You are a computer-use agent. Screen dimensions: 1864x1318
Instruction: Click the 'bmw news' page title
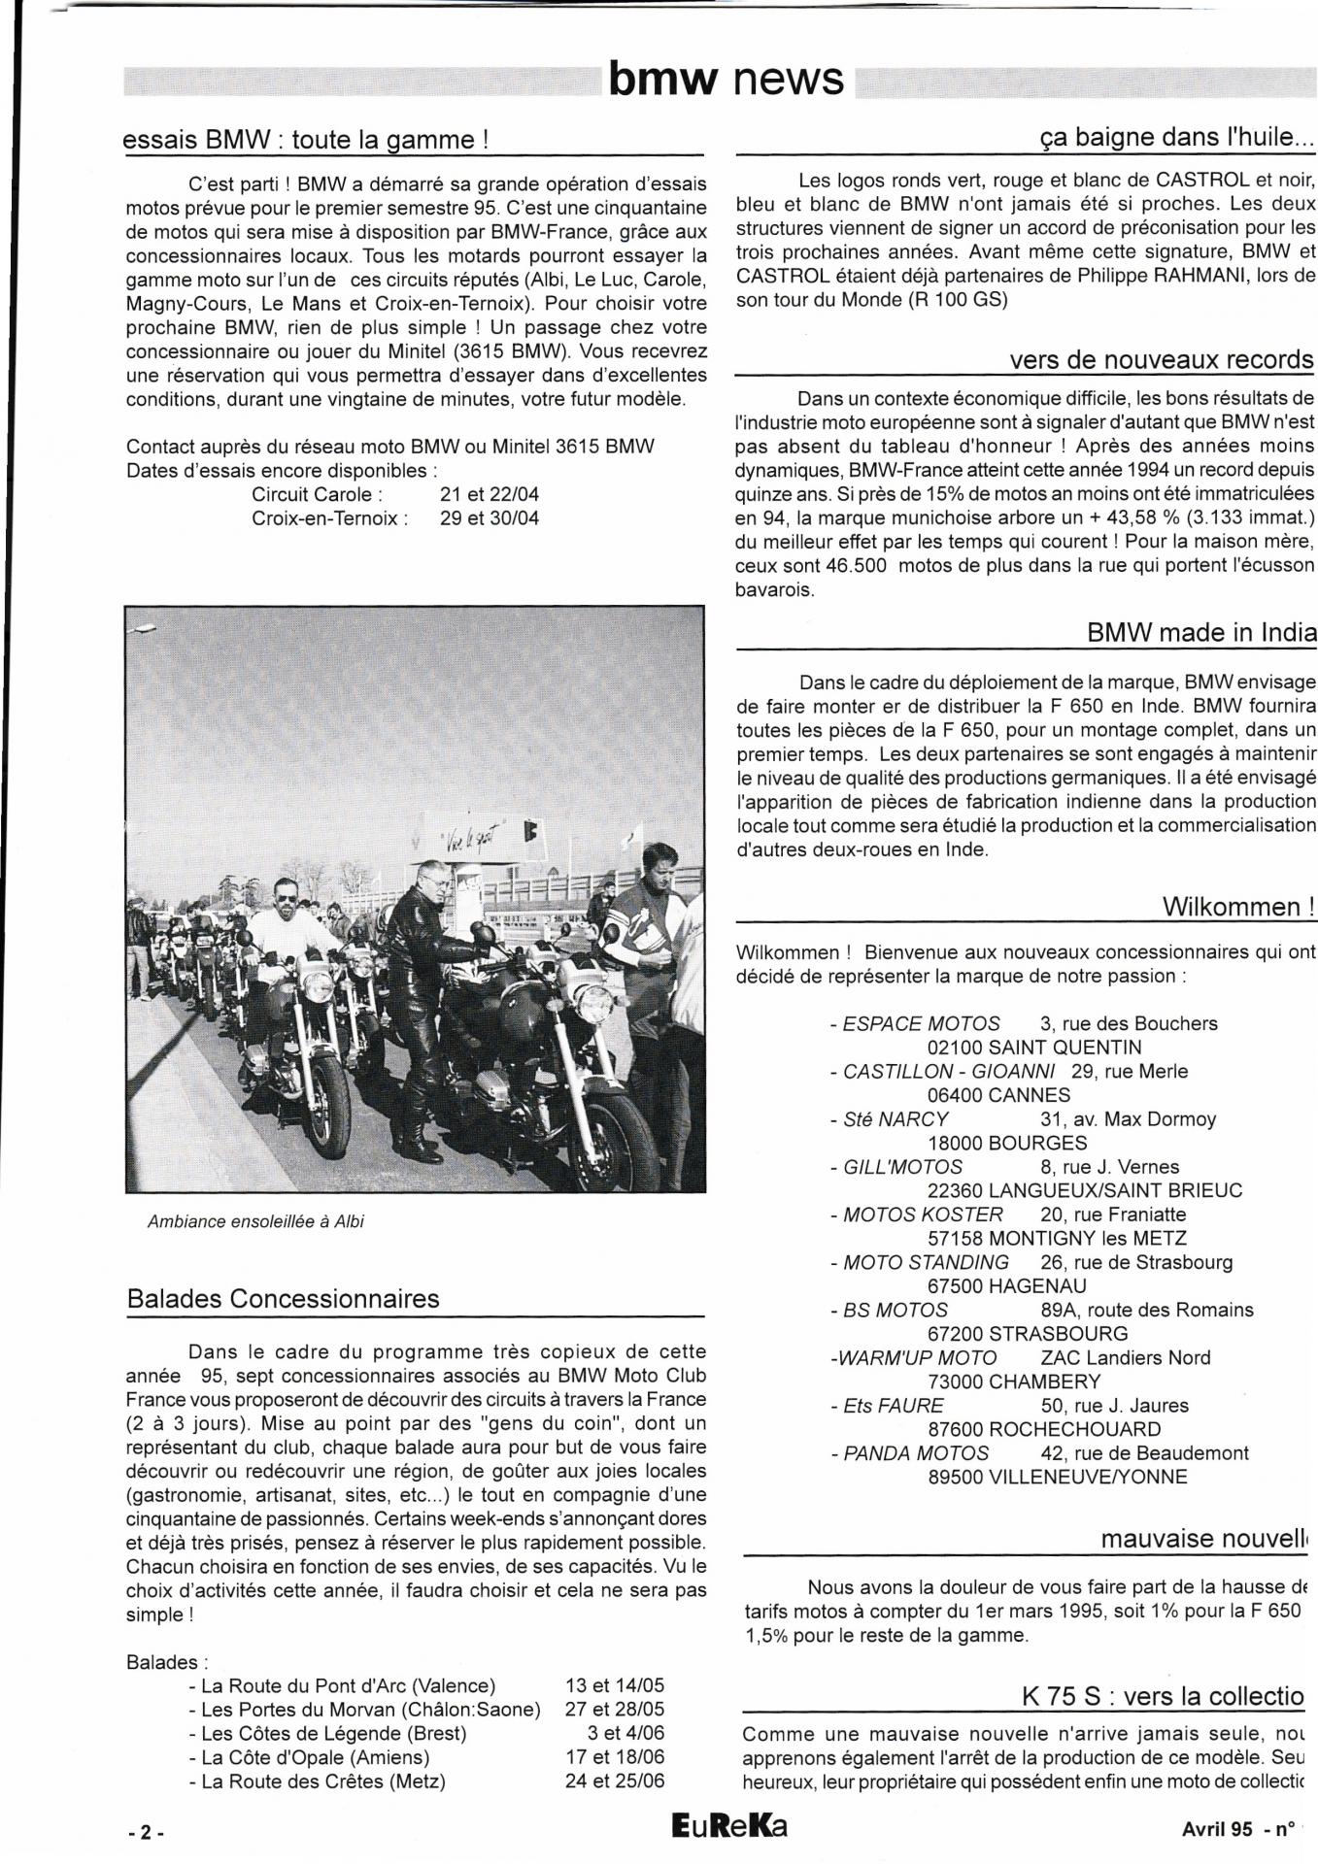(726, 80)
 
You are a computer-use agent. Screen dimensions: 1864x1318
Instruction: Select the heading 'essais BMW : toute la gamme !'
(305, 140)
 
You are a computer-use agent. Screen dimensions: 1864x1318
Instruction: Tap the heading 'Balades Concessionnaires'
(283, 1299)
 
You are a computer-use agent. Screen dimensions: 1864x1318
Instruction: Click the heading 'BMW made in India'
(1200, 632)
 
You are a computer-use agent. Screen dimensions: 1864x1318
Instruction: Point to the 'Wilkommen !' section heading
(1238, 907)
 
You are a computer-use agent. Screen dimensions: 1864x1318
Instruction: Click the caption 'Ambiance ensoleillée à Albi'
(255, 1221)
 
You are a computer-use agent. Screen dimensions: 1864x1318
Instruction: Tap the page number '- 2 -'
(146, 1832)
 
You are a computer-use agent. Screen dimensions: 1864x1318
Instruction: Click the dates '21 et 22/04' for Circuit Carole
(489, 494)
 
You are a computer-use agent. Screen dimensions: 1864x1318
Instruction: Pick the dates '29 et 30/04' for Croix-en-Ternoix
(489, 517)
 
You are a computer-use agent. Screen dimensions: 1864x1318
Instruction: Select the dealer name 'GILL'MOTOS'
(902, 1167)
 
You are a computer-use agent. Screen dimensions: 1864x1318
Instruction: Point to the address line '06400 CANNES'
(998, 1095)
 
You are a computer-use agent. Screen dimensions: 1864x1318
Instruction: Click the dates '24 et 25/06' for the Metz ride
(614, 1781)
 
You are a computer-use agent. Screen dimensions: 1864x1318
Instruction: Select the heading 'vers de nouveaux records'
(1161, 360)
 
